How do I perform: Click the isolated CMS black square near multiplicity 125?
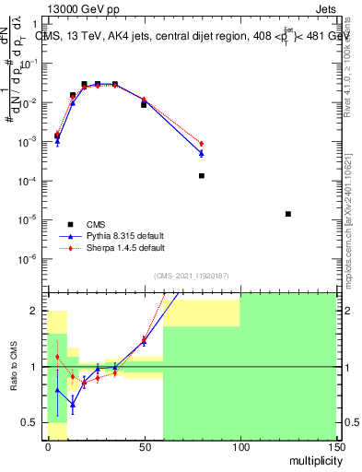(x=288, y=214)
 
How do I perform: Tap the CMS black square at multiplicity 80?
(x=201, y=175)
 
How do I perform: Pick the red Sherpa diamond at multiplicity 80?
(x=201, y=144)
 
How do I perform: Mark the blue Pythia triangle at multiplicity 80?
(x=201, y=153)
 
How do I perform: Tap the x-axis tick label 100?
(x=239, y=446)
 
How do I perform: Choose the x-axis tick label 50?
(x=144, y=446)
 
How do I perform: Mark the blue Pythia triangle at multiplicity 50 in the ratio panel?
(x=144, y=342)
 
